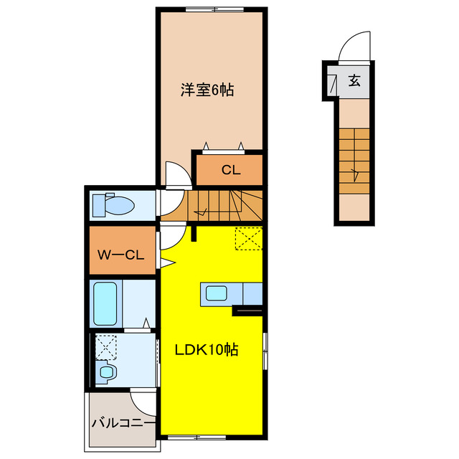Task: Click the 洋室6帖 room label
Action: [x=207, y=90]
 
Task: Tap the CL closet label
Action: [x=229, y=170]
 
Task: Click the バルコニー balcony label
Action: [x=122, y=422]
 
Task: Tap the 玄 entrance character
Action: [x=354, y=80]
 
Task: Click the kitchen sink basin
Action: [x=217, y=293]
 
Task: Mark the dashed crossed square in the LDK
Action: [x=249, y=239]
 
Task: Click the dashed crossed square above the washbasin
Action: [x=105, y=347]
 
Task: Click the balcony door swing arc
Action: [x=143, y=402]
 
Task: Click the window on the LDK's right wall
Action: [x=265, y=351]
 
